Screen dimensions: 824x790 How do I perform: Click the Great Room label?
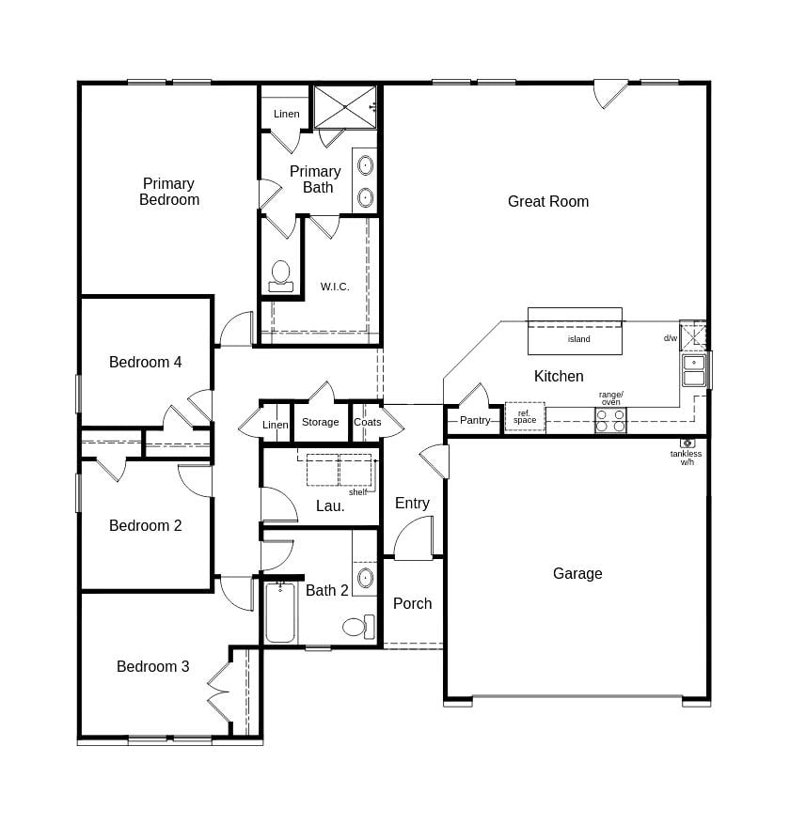pyautogui.click(x=547, y=201)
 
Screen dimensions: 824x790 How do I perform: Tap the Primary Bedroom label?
pyautogui.click(x=169, y=192)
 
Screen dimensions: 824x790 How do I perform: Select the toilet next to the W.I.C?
pyautogui.click(x=280, y=275)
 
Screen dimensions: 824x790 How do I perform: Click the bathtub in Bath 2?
pyautogui.click(x=280, y=613)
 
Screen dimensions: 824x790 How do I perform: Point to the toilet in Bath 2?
pyautogui.click(x=356, y=627)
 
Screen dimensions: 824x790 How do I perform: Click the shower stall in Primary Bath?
pyautogui.click(x=344, y=106)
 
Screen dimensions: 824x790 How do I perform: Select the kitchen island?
pyautogui.click(x=575, y=332)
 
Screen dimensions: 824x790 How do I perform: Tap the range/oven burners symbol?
pyautogui.click(x=610, y=420)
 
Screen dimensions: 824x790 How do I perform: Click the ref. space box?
pyautogui.click(x=525, y=416)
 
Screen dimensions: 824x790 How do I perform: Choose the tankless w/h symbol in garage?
pyautogui.click(x=687, y=443)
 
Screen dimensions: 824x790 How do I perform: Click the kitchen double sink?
pyautogui.click(x=694, y=370)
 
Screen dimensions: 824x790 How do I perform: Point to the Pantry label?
pyautogui.click(x=475, y=420)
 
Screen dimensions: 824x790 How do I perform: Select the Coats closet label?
pyautogui.click(x=367, y=422)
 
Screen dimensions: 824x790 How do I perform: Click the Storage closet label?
pyautogui.click(x=320, y=422)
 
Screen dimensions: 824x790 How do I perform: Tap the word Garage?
pyautogui.click(x=577, y=573)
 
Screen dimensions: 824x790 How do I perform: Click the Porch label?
pyautogui.click(x=412, y=603)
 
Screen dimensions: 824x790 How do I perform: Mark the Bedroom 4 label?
pyautogui.click(x=145, y=362)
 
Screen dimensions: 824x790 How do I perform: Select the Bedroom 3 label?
pyautogui.click(x=152, y=666)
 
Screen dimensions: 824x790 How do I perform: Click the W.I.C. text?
pyautogui.click(x=335, y=287)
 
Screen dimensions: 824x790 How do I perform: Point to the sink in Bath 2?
pyautogui.click(x=365, y=577)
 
